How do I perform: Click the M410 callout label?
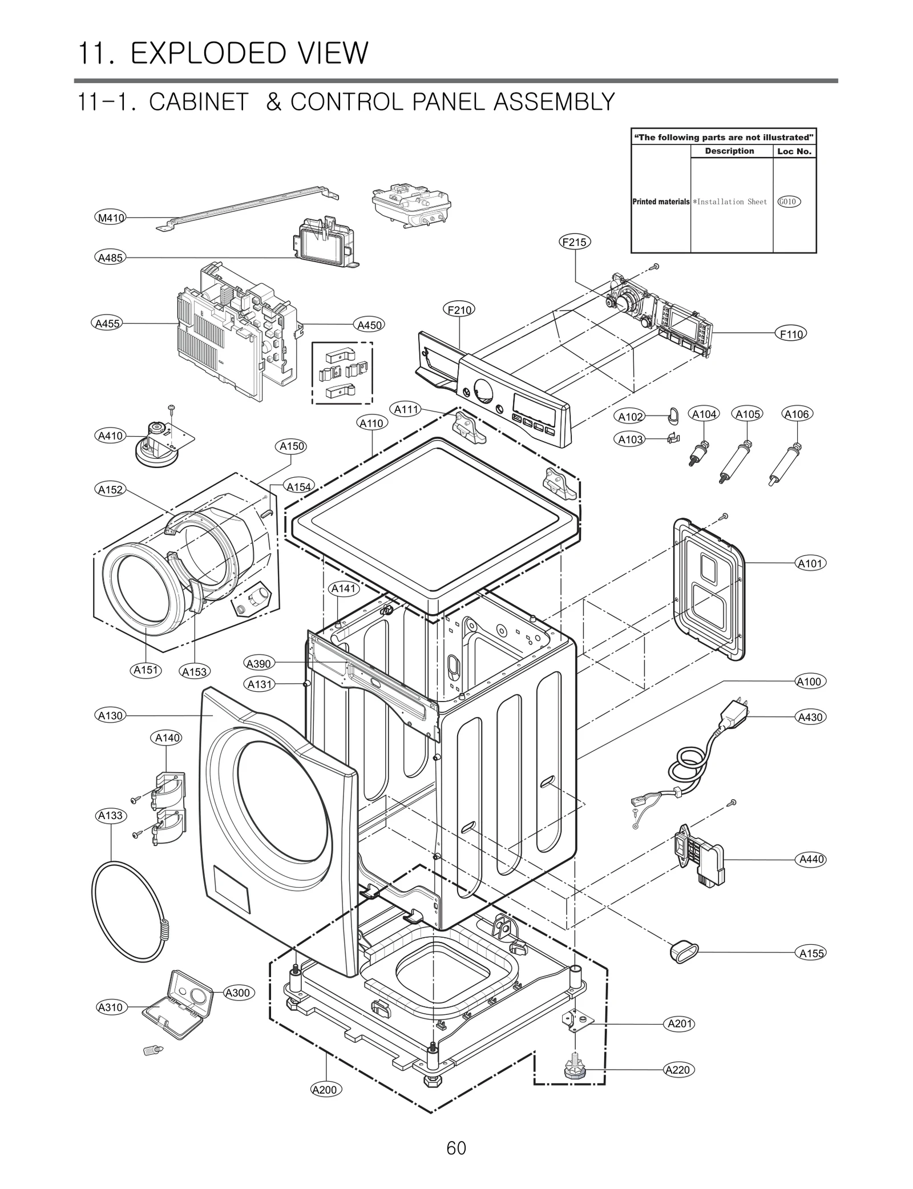(x=110, y=217)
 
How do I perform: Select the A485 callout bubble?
(x=110, y=257)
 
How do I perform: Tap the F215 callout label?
(x=574, y=242)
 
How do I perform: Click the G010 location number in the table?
(x=788, y=201)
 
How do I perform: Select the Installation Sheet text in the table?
(x=732, y=202)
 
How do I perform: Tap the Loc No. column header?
(x=794, y=151)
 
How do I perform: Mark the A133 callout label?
(x=111, y=815)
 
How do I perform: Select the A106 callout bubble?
(x=797, y=414)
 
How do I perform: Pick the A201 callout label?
(x=680, y=1023)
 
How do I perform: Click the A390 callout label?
(x=259, y=663)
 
